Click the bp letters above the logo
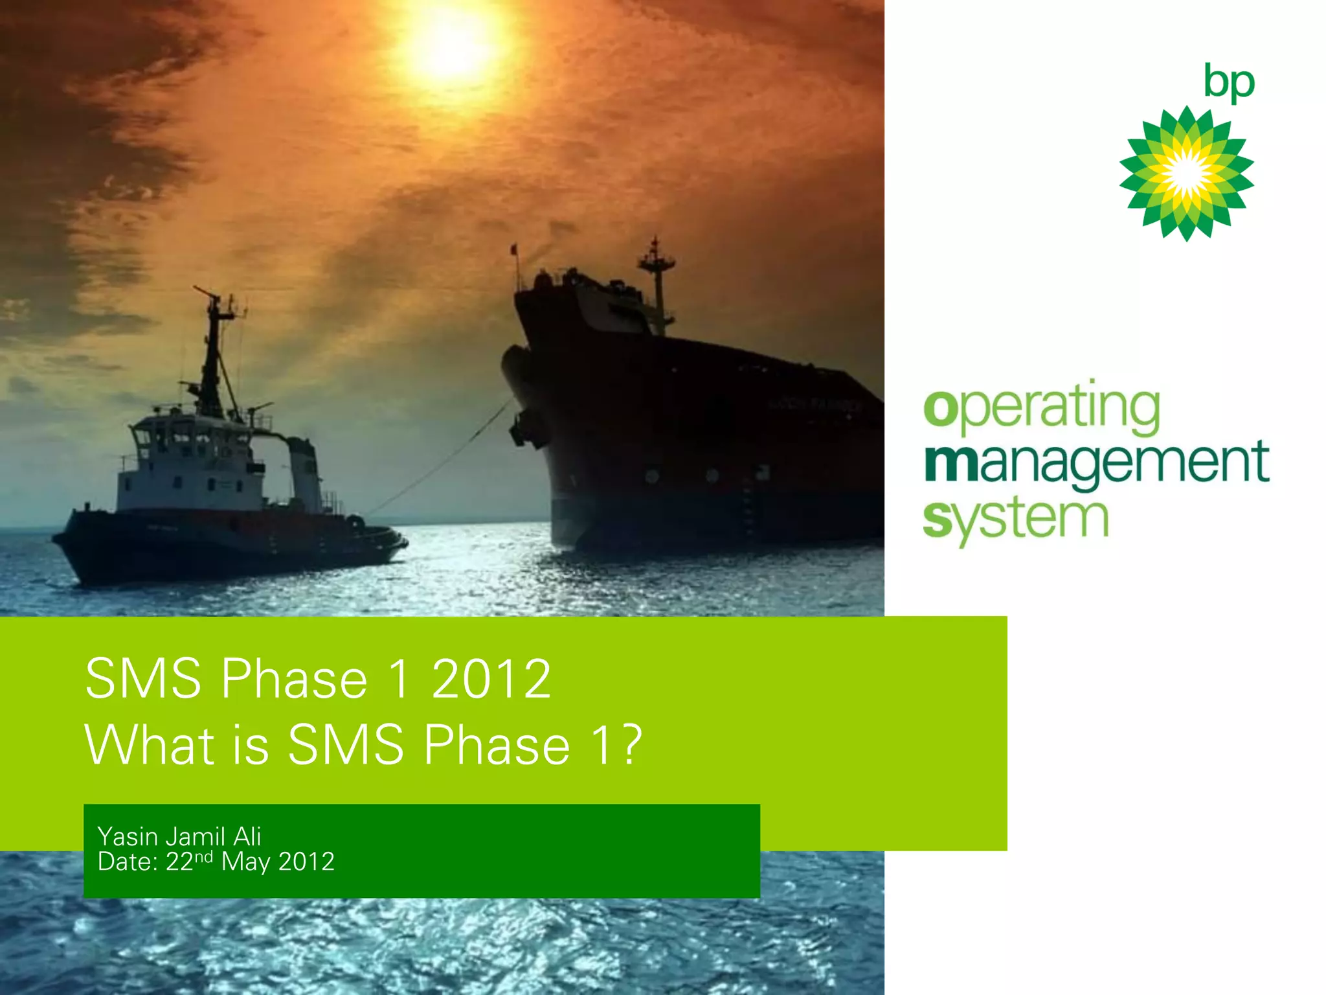point(1228,83)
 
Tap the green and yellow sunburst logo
point(1186,174)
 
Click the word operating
point(1041,408)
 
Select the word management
point(1096,464)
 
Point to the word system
point(1015,520)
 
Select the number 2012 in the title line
point(491,679)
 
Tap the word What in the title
point(149,745)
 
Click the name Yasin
point(128,837)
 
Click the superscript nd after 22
point(203,857)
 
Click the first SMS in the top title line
point(143,679)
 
